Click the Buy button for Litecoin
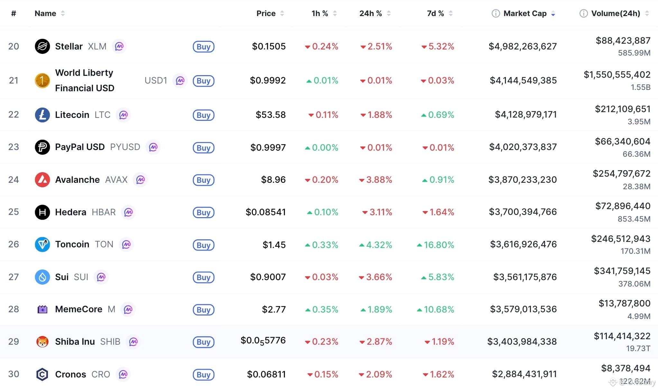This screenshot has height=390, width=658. [x=203, y=115]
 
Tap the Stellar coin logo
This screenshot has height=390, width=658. [x=42, y=47]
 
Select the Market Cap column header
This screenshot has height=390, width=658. [x=525, y=13]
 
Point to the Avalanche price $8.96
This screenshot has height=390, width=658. [x=273, y=180]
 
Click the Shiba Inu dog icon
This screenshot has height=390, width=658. [x=42, y=342]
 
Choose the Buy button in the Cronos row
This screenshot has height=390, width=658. [x=203, y=375]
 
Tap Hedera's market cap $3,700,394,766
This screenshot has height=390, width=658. [x=523, y=212]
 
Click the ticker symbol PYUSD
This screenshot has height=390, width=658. [x=125, y=147]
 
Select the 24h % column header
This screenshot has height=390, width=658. [x=370, y=13]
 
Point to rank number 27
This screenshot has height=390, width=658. [x=14, y=277]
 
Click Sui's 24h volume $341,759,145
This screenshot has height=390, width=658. [x=622, y=271]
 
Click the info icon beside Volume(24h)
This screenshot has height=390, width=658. [x=583, y=13]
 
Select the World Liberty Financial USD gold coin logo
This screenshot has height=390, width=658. [x=42, y=80]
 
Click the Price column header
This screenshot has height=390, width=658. [x=266, y=13]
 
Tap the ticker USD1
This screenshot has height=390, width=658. [x=156, y=80]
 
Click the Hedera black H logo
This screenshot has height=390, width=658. [x=42, y=212]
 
